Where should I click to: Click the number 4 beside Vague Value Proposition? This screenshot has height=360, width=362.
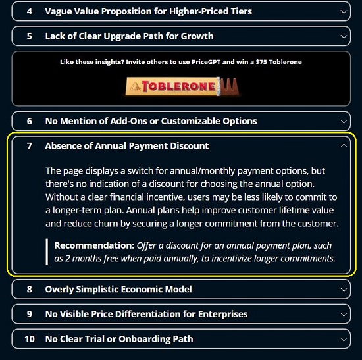click(x=30, y=11)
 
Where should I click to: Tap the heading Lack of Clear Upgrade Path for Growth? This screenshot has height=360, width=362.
click(x=129, y=36)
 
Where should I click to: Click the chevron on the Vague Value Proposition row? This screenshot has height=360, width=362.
click(x=344, y=12)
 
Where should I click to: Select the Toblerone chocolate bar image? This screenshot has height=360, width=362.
click(x=182, y=86)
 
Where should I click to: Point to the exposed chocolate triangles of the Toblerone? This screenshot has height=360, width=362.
click(x=229, y=86)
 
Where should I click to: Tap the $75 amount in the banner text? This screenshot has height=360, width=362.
click(x=261, y=62)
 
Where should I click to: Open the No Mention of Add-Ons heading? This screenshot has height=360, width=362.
click(x=151, y=121)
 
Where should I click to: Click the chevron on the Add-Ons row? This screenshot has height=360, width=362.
click(x=344, y=122)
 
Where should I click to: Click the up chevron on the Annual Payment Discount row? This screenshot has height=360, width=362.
click(x=344, y=145)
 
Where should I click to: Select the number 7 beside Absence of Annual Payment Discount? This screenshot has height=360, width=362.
click(x=30, y=146)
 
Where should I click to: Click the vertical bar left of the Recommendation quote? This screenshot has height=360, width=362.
click(x=47, y=251)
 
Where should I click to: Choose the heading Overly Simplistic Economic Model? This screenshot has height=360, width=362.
click(x=118, y=290)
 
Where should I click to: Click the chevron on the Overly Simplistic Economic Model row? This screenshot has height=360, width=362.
click(x=344, y=290)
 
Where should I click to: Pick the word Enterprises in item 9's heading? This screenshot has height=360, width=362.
click(x=222, y=314)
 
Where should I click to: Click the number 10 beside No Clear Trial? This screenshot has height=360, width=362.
click(x=30, y=339)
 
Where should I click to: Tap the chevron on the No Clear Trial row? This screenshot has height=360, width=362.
click(x=344, y=339)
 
